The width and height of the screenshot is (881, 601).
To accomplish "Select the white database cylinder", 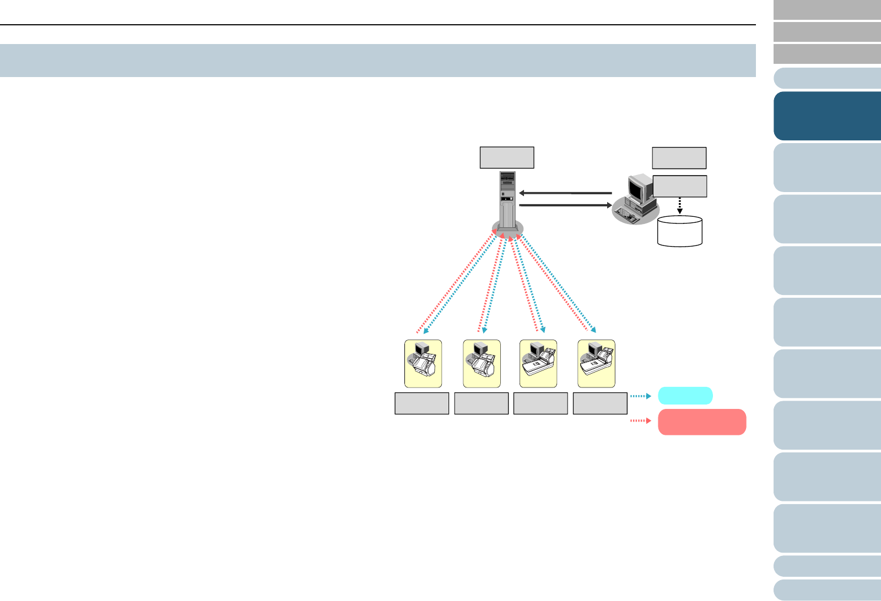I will [680, 231].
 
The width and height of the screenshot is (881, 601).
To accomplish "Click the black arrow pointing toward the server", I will [565, 193].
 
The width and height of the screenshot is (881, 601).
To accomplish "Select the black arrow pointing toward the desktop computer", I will [565, 205].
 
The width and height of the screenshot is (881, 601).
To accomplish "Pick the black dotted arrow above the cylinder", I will [680, 206].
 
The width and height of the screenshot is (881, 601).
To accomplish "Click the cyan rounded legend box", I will [685, 396].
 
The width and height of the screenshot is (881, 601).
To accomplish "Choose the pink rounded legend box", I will [702, 422].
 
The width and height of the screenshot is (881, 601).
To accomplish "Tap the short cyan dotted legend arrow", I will [641, 396].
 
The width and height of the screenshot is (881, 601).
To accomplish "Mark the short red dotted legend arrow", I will [641, 421].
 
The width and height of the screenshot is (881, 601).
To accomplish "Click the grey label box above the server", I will [507, 157].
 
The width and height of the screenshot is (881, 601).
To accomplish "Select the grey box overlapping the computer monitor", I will [679, 186].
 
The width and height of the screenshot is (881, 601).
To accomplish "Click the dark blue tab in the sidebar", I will [827, 116].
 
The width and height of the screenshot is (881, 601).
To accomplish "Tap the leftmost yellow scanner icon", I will [423, 364].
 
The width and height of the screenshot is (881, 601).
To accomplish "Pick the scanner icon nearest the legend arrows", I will [596, 364].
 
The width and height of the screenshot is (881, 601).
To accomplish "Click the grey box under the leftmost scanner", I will [422, 403].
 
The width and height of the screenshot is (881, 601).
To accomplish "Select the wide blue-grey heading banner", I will [378, 61].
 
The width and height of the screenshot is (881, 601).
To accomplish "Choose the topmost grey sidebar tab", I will [827, 10].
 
